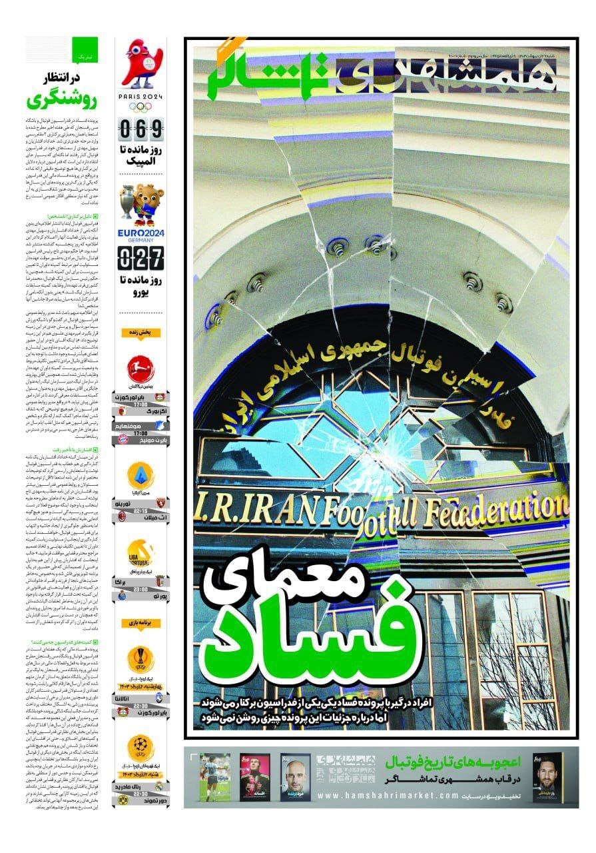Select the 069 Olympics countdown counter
141,127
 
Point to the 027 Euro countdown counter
141,256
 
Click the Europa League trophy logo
141,660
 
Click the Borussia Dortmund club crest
122,798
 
